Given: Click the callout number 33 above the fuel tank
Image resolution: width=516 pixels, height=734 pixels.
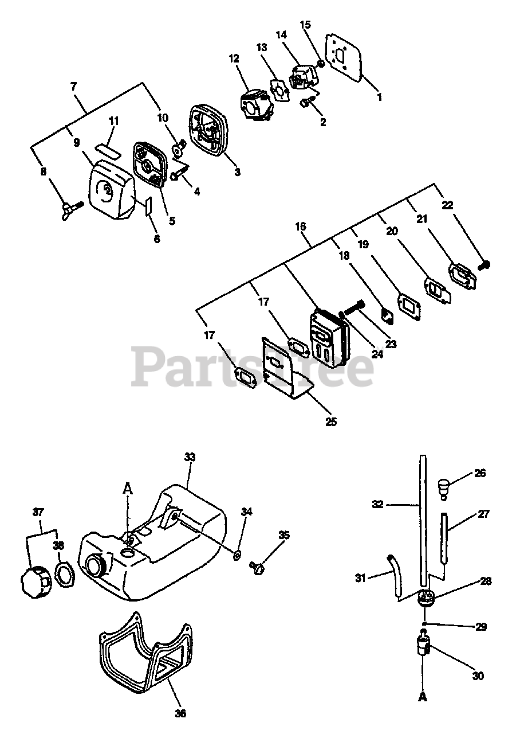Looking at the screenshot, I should tap(190, 457).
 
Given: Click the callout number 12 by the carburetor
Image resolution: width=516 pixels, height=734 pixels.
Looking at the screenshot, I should tap(234, 58).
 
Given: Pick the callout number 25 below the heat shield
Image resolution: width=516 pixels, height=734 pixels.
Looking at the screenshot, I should tap(331, 422).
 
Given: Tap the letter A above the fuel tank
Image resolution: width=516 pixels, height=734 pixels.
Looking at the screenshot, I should tap(128, 489).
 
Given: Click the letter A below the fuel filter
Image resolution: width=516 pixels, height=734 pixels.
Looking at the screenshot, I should tap(423, 698).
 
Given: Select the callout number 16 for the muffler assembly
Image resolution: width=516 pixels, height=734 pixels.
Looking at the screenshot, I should tap(301, 227).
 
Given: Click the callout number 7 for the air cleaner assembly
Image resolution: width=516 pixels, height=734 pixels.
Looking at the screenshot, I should tap(73, 87).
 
